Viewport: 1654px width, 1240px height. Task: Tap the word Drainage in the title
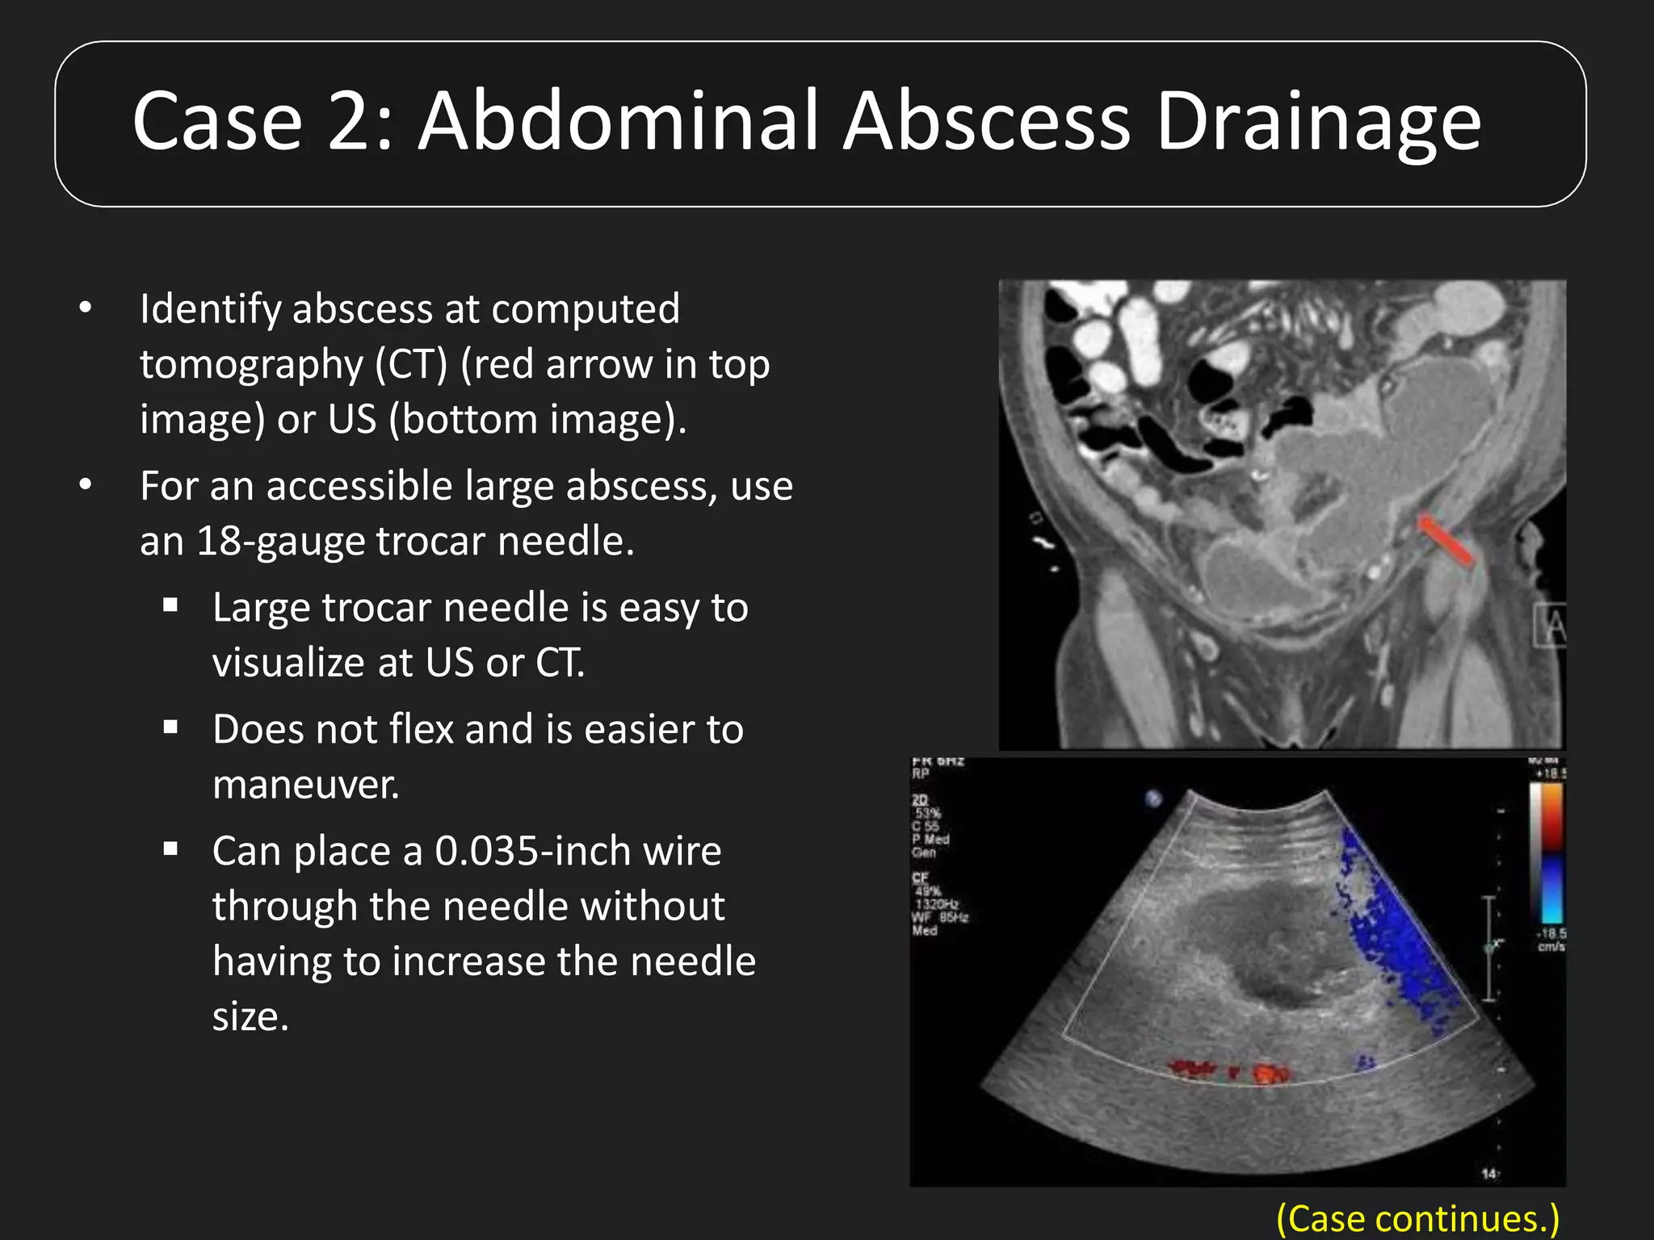click(1318, 123)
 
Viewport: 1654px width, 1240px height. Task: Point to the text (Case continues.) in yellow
click(1417, 1217)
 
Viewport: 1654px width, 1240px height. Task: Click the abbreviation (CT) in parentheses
click(410, 364)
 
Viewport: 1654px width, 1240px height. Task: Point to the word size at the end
click(249, 1016)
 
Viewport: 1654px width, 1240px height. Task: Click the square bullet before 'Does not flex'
click(170, 727)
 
